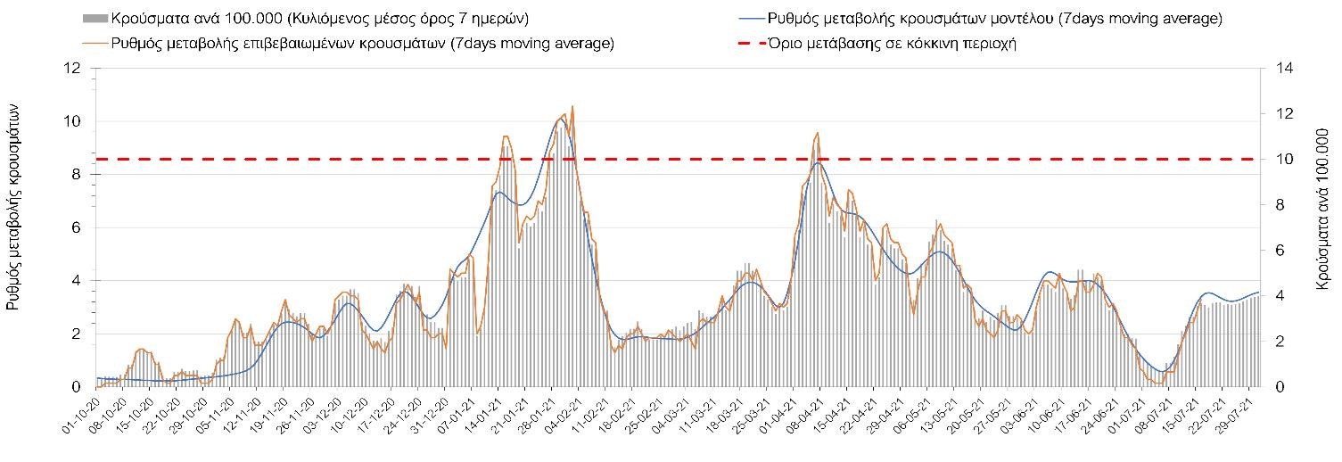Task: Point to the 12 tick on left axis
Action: [74, 68]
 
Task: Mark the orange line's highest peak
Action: [572, 106]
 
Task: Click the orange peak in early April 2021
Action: [817, 133]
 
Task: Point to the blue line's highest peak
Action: [560, 119]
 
